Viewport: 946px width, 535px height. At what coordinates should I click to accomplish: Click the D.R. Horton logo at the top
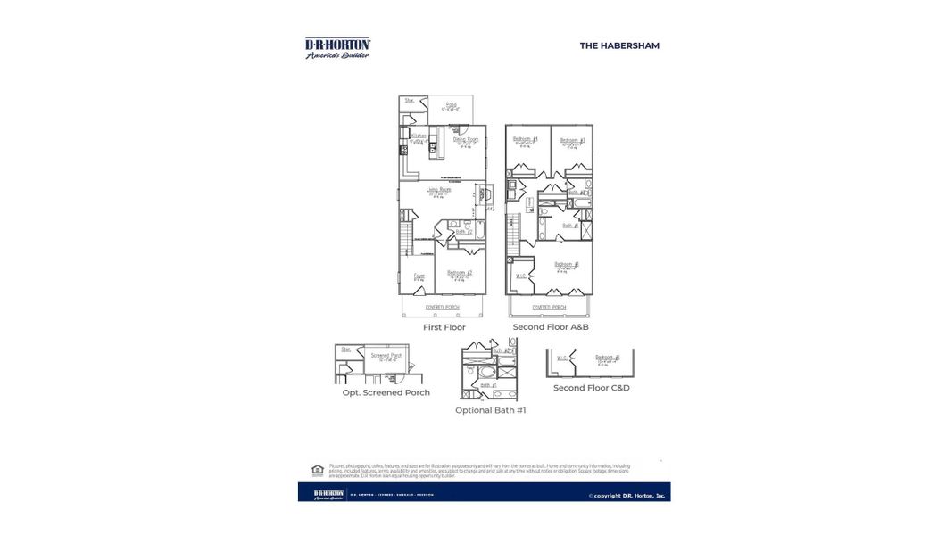337,47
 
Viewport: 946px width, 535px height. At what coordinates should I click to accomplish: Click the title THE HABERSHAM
619,45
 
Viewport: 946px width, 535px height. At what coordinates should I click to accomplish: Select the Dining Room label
465,139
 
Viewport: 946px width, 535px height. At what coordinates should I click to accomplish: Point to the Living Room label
437,190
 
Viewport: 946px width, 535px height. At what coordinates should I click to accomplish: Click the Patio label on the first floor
452,105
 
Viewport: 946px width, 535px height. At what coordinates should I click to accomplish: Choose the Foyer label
418,276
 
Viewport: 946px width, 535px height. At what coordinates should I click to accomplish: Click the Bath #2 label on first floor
463,232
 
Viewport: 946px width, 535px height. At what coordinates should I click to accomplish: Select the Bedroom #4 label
525,139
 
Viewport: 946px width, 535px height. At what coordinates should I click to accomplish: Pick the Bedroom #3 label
572,140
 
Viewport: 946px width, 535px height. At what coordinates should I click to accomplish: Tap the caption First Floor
444,327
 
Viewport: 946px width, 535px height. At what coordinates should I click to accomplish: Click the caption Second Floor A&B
550,327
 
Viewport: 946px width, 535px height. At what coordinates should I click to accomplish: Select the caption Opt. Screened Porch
386,392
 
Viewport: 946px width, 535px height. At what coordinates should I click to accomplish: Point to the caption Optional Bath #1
490,410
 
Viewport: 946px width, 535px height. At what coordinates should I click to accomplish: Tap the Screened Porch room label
386,356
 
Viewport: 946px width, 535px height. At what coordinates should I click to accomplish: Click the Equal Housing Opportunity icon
317,470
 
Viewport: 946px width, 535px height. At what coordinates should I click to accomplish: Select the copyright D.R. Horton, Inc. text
627,496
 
